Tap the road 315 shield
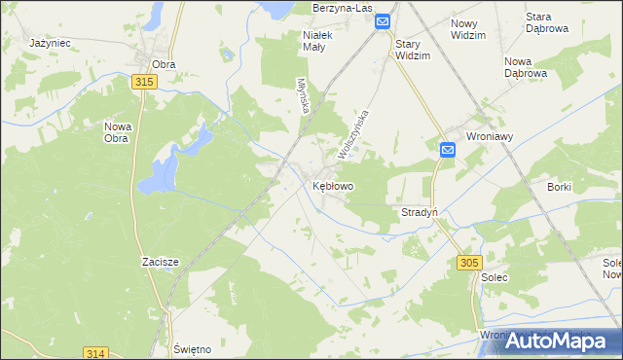pos(145,84)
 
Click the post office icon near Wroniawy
pos(447,150)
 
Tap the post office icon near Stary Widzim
pos(383,21)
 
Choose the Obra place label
pos(164,64)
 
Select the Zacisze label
pos(158,262)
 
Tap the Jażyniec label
pos(50,44)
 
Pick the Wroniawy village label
pos(491,137)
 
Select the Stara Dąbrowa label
pos(574,22)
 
